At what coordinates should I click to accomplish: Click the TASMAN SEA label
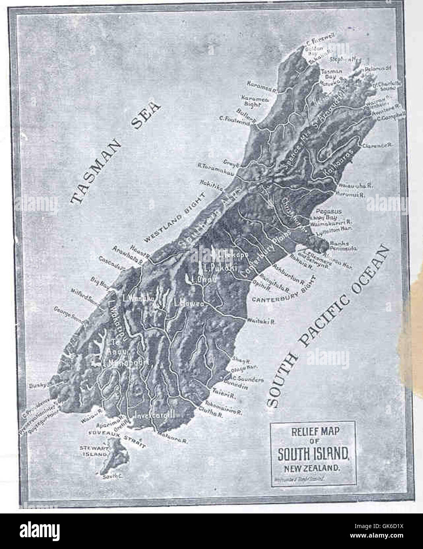coord(116,154)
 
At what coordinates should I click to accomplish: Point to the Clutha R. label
coord(213,416)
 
